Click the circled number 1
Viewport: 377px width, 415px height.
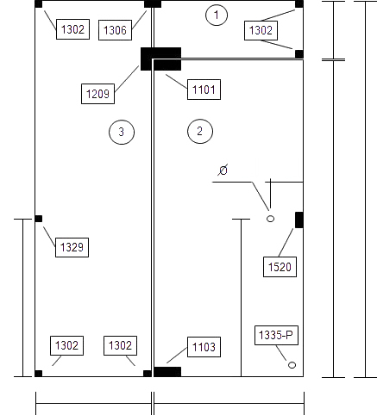tap(217, 15)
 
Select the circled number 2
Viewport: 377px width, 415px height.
tap(200, 131)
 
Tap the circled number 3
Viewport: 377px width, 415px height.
tap(122, 132)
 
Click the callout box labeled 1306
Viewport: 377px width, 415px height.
tap(115, 30)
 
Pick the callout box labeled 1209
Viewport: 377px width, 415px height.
tap(97, 94)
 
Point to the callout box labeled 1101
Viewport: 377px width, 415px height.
tap(204, 90)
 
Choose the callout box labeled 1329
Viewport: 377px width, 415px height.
tap(72, 247)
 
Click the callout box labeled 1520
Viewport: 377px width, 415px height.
tap(280, 267)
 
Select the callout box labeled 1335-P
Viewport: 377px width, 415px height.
tap(276, 335)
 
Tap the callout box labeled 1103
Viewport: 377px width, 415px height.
tap(204, 347)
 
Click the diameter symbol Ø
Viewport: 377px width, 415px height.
tap(223, 170)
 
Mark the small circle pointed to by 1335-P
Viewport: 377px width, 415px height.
tap(292, 365)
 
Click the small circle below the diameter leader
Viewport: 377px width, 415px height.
tap(270, 219)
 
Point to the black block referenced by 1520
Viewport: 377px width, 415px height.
tap(299, 220)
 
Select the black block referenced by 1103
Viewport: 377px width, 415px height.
tap(167, 372)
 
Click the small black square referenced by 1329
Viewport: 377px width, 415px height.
tap(39, 219)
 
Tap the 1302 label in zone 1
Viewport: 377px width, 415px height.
tap(261, 30)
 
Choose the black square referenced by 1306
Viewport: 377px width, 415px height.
tap(153, 4)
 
